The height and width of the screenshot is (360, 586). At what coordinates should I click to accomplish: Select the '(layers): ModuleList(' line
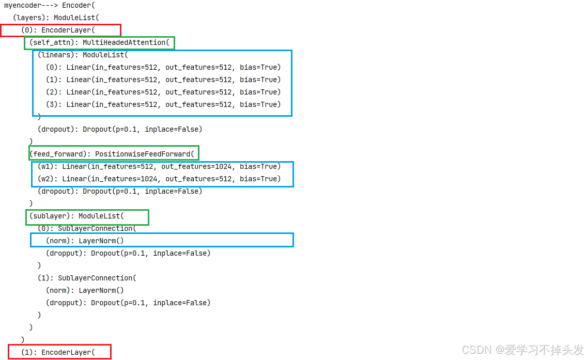[x=53, y=18]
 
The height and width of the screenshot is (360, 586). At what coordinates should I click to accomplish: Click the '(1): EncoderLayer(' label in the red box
[x=58, y=352]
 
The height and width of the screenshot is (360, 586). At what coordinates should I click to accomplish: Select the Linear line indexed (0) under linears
[x=163, y=67]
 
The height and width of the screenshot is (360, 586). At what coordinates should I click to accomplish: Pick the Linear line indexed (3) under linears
[x=163, y=104]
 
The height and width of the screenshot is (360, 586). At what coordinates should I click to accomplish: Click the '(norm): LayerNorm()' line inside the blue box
[x=85, y=241]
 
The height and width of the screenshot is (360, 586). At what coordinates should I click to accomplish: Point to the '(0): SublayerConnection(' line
[x=87, y=228]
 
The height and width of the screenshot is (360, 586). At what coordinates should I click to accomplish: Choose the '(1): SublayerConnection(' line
[x=87, y=278]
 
